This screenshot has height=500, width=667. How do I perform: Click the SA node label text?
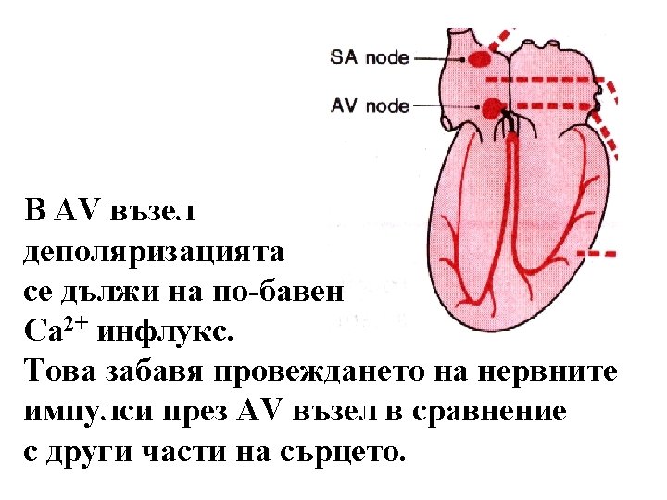pos(370,57)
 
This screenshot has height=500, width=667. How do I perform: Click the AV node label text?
pos(370,106)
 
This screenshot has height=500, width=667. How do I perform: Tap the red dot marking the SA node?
pos(480,58)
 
